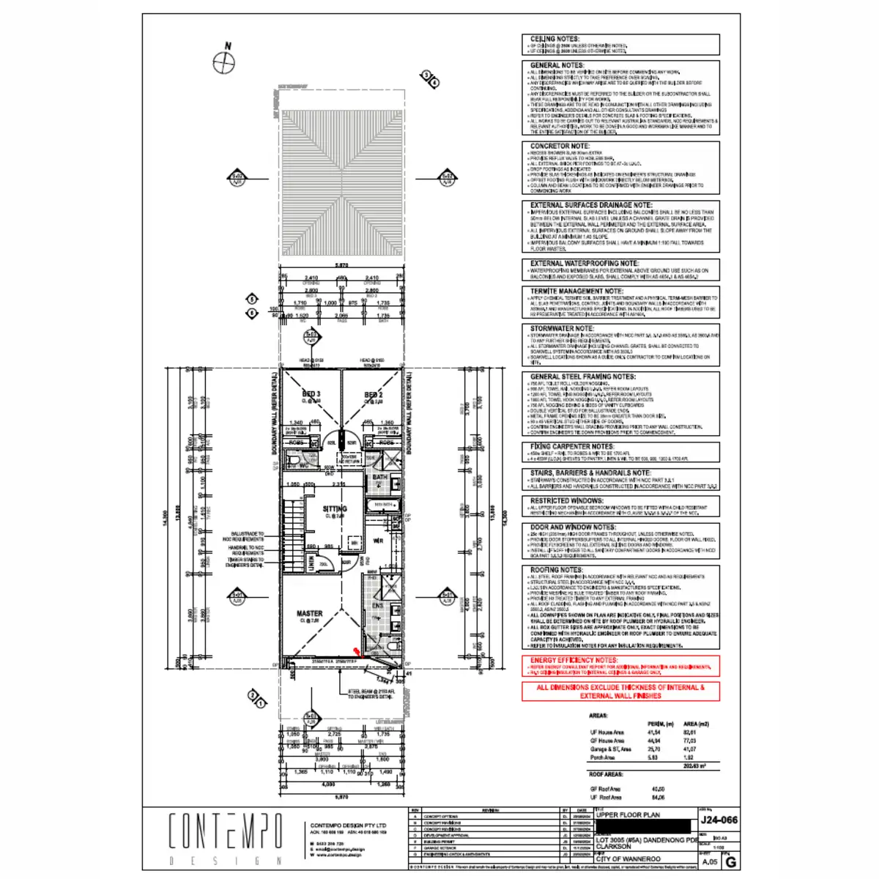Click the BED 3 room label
click(x=311, y=394)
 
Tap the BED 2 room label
click(x=374, y=395)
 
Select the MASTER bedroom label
click(x=309, y=614)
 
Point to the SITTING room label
click(x=335, y=508)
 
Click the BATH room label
click(x=379, y=477)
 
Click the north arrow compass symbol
click(x=223, y=63)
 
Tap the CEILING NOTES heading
click(x=555, y=39)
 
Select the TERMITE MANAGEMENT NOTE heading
click(x=577, y=291)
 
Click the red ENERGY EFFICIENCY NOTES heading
click(x=574, y=660)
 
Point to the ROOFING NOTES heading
click(x=556, y=569)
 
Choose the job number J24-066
click(x=719, y=820)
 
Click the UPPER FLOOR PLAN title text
click(x=628, y=815)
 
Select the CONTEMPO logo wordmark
click(x=226, y=831)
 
